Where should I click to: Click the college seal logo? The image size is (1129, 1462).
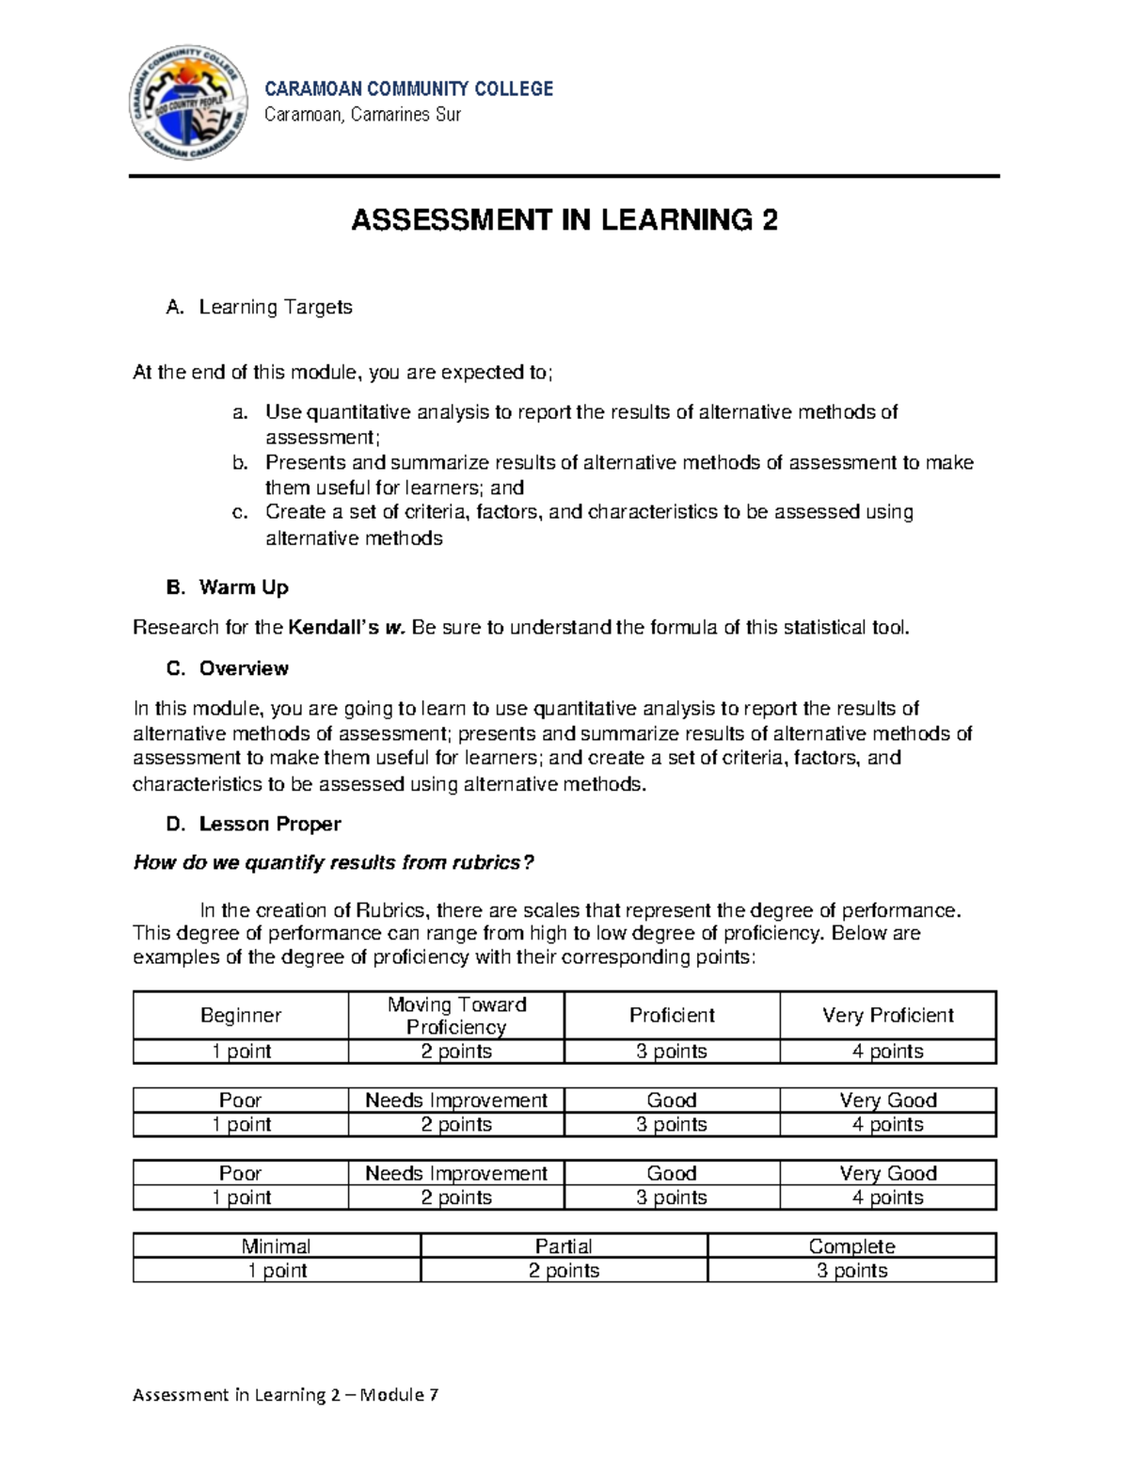coord(193,103)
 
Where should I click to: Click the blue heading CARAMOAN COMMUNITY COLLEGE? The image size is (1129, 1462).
coord(408,88)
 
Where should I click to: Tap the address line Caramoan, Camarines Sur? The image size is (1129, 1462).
coord(362,115)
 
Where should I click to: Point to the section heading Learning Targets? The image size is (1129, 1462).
coord(275,307)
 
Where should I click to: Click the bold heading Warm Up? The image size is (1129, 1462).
coord(243,587)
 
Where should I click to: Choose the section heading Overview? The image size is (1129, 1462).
coord(243,668)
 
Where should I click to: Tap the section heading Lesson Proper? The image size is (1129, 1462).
coord(269,824)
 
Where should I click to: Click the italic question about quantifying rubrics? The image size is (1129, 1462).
coord(334,862)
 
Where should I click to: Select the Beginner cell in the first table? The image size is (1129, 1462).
coord(241,1015)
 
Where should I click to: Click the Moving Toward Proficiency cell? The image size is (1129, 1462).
coord(456,1015)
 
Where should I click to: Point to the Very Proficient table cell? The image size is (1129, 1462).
coord(887,1015)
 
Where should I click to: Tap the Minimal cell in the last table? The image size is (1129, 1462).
coord(277,1245)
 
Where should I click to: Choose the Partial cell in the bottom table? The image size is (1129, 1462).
coord(564,1245)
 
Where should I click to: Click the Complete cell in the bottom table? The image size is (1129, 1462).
coord(851,1245)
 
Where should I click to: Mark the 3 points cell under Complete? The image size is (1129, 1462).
coord(851,1270)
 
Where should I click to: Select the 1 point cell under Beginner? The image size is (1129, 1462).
coord(241,1051)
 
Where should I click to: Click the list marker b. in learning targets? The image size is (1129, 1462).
coord(240,462)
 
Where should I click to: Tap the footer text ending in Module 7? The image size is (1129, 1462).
coord(285,1394)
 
